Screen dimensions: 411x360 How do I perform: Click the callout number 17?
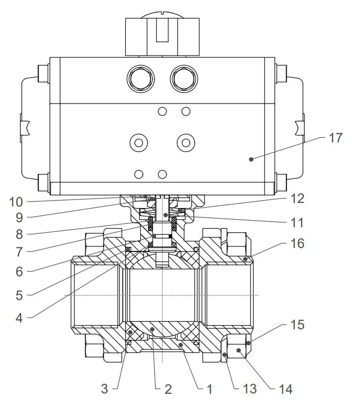335,137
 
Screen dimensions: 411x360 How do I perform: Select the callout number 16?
297,244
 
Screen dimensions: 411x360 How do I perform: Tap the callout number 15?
297,325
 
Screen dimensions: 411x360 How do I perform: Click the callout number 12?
297,198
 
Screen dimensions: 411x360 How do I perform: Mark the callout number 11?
297,222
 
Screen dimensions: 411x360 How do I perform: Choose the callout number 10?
16,202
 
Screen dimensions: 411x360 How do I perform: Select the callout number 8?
19,234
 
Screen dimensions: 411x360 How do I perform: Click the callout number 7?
19,251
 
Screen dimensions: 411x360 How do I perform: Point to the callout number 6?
19,271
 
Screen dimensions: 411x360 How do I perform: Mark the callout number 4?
19,318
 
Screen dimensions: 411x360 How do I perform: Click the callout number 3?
105,389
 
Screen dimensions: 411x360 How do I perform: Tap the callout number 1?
207,389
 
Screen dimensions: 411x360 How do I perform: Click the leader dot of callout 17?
250,159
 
